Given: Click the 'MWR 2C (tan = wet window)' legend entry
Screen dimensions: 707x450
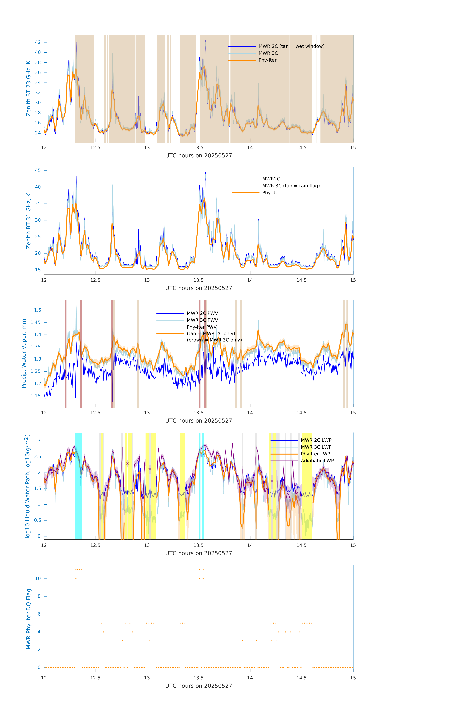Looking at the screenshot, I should pyautogui.click(x=291, y=46).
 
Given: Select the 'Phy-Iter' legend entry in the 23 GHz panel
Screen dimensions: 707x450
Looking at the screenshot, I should pyautogui.click(x=267, y=60).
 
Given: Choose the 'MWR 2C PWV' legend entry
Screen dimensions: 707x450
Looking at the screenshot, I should pyautogui.click(x=202, y=313).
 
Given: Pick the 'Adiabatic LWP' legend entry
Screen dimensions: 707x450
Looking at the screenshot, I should pyautogui.click(x=317, y=461).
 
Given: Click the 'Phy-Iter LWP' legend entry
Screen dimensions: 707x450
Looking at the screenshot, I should pyautogui.click(x=315, y=454).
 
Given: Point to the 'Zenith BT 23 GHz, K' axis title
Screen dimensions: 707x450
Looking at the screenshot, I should pyautogui.click(x=28, y=88).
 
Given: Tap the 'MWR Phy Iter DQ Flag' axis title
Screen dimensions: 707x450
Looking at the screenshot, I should pyautogui.click(x=28, y=619).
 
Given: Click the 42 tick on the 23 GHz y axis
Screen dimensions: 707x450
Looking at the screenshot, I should pyautogui.click(x=38, y=42).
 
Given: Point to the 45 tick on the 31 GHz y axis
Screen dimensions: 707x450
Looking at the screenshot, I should pyautogui.click(x=38, y=171).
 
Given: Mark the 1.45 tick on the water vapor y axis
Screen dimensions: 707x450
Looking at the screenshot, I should pyautogui.click(x=36, y=322).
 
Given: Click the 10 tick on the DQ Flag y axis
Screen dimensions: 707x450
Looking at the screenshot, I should pyautogui.click(x=38, y=579).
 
